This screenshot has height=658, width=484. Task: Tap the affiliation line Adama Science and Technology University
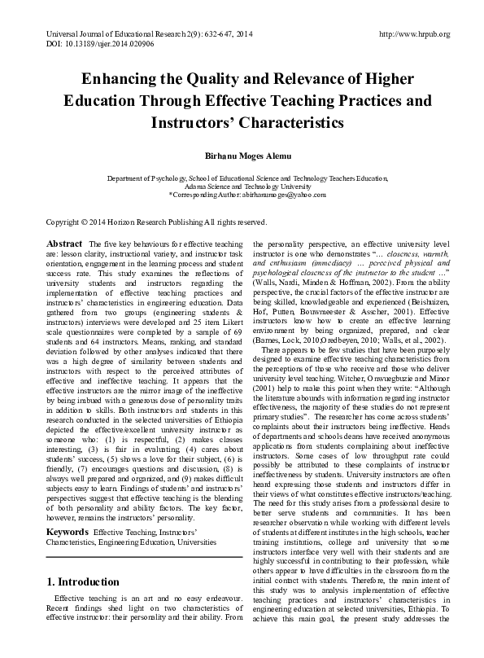click(x=242, y=186)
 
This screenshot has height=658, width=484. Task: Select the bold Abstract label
click(x=63, y=244)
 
